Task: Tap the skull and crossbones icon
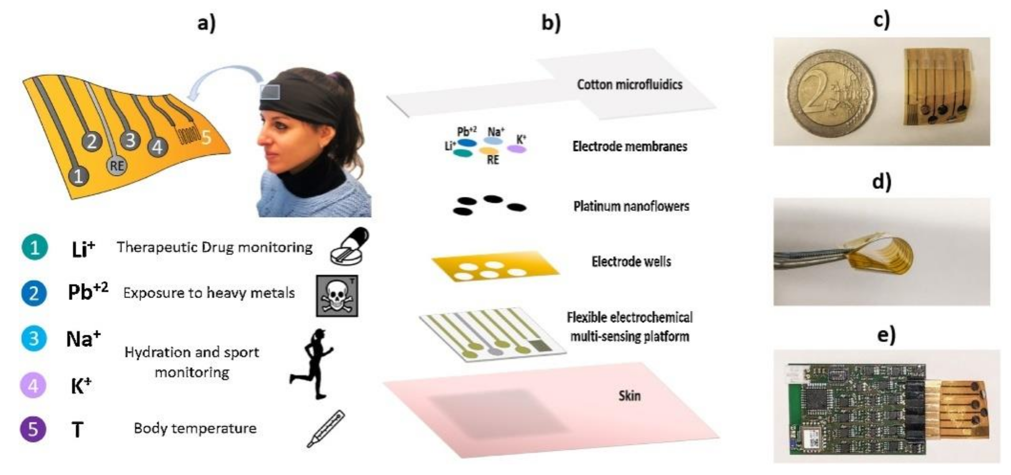(337, 296)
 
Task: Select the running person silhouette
(312, 363)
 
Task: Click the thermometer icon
(326, 429)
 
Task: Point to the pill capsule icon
(350, 246)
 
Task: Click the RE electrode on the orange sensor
(117, 166)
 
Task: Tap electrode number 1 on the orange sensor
(79, 176)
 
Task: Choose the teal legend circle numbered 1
(35, 247)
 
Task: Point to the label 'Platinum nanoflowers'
(631, 206)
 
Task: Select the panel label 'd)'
(881, 182)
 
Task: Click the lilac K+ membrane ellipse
(516, 149)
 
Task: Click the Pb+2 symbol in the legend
(88, 292)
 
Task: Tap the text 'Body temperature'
(195, 428)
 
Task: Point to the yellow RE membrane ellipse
(489, 150)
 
